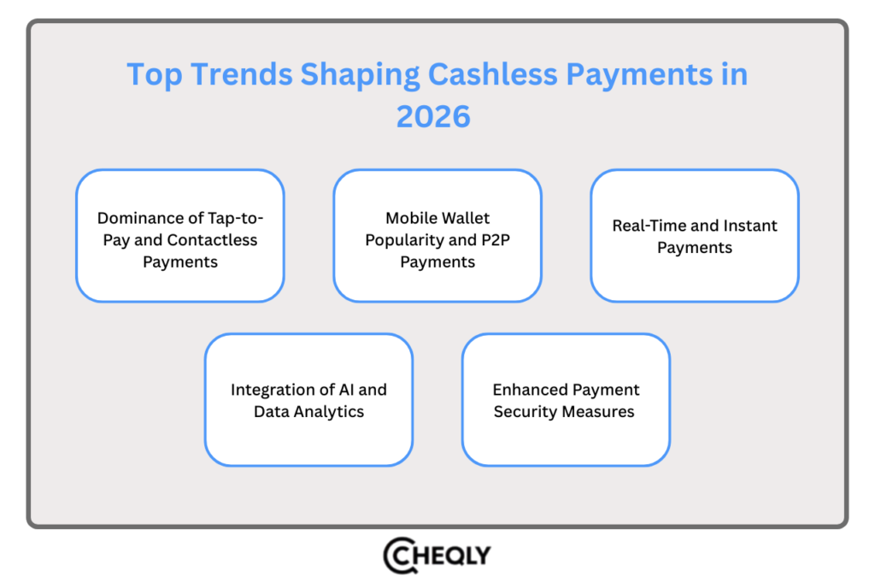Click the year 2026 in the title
(x=433, y=115)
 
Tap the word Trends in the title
(x=243, y=74)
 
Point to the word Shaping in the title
(x=360, y=74)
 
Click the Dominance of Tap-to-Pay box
(x=179, y=236)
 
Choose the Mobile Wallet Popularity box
(x=437, y=236)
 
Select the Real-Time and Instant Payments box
(x=695, y=236)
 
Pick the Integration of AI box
(x=308, y=400)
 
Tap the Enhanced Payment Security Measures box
(x=566, y=400)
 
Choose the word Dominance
(x=138, y=218)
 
